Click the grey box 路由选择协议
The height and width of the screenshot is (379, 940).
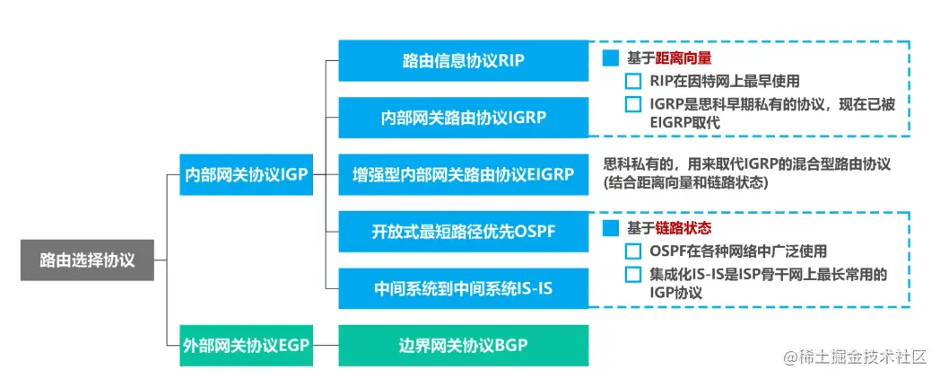tap(87, 260)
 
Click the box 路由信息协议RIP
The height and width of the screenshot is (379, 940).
tap(463, 61)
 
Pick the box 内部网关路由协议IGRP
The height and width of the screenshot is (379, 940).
tap(463, 118)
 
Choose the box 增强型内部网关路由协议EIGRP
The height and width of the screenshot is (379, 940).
tap(463, 174)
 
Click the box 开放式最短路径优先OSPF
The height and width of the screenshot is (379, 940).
tap(463, 231)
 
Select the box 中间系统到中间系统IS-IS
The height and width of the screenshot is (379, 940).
tap(463, 288)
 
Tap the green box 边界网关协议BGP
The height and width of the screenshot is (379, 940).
tap(463, 345)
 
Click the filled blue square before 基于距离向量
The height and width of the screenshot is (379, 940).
tap(611, 58)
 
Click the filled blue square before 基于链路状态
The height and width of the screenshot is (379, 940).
tap(611, 229)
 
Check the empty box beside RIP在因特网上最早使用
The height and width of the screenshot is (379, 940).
tap(634, 82)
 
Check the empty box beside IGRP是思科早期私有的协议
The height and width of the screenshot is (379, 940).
tap(634, 104)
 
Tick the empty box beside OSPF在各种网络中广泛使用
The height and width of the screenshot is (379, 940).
tap(634, 251)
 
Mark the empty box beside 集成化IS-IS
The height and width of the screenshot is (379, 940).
tap(634, 274)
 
